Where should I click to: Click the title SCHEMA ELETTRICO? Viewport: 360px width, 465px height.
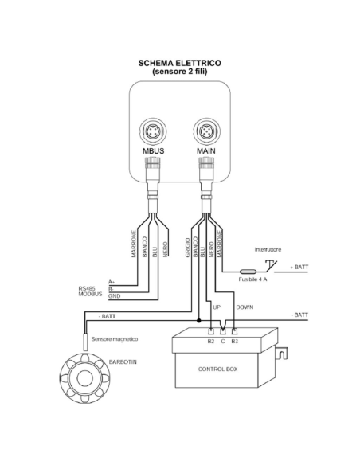[x=180, y=63]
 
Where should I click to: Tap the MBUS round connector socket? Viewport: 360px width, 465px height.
[x=153, y=131]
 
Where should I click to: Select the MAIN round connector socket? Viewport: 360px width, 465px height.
[x=207, y=131]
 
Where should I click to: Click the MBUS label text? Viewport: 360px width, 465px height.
[x=153, y=151]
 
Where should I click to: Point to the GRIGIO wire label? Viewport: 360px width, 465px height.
[x=187, y=248]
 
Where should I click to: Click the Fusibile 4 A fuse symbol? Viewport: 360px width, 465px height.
[x=248, y=271]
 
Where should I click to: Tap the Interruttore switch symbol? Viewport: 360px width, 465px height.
[x=271, y=266]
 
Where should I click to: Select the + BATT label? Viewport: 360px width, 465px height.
[x=299, y=268]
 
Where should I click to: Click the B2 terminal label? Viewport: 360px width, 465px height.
[x=211, y=342]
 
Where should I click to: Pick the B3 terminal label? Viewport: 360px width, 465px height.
[x=235, y=342]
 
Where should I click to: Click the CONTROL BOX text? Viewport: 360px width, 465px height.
[x=218, y=369]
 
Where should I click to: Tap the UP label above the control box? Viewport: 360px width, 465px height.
[x=217, y=307]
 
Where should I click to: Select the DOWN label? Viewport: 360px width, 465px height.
[x=245, y=307]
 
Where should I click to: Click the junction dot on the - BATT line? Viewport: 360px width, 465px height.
[x=198, y=321]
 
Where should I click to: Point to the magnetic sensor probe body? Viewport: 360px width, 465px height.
[x=84, y=342]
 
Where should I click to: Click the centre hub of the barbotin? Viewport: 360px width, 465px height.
[x=84, y=377]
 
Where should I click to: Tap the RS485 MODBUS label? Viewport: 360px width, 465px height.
[x=90, y=291]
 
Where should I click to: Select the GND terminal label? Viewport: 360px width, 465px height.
[x=114, y=296]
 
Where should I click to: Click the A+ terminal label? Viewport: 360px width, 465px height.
[x=112, y=282]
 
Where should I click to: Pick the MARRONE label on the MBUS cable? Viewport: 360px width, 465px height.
[x=134, y=244]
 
